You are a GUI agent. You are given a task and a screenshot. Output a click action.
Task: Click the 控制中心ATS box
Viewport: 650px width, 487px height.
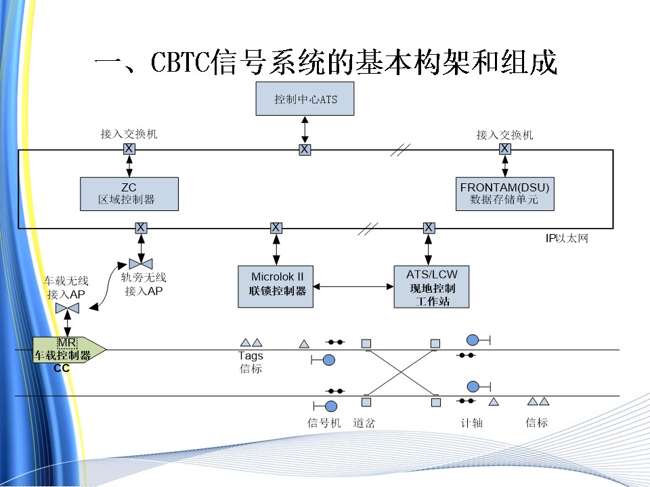[305, 99]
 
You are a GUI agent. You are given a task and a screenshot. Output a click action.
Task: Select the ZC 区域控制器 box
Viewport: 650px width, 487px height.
[129, 193]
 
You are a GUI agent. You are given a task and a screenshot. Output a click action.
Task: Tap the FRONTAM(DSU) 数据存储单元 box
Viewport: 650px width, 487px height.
[504, 193]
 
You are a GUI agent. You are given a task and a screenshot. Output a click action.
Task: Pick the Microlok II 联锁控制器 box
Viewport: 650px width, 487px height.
[276, 286]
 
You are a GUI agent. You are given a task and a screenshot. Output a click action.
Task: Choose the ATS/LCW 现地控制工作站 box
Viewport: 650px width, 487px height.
[431, 287]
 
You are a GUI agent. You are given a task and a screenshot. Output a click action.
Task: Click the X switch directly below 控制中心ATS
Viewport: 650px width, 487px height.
[305, 149]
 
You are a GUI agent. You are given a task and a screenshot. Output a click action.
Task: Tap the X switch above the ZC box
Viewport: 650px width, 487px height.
[129, 149]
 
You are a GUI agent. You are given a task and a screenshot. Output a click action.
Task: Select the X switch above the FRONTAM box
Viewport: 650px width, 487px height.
[504, 149]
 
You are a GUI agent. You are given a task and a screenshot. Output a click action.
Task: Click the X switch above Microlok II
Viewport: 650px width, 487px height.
[276, 228]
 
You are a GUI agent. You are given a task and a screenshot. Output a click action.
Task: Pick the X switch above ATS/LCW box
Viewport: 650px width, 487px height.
[429, 228]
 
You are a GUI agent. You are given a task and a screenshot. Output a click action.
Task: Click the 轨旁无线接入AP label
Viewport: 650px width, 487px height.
[144, 284]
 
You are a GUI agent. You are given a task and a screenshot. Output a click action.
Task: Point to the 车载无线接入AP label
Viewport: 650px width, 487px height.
[66, 287]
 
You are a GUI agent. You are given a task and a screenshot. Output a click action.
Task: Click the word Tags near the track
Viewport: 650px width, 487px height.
[251, 356]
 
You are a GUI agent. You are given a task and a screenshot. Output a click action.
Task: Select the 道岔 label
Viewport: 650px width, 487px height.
[364, 423]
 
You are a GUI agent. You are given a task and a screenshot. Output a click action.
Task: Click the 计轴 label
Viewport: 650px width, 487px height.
[471, 423]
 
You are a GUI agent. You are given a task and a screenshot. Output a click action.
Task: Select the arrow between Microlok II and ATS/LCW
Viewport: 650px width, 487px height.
[353, 287]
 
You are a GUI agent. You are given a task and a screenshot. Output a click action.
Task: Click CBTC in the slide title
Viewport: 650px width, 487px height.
[179, 63]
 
